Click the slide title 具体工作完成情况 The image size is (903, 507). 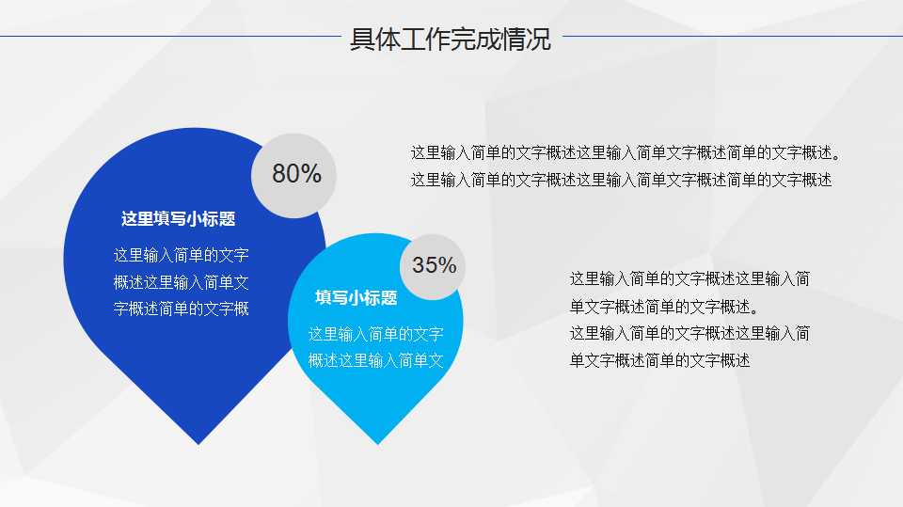point(451,40)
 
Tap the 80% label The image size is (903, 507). point(296,174)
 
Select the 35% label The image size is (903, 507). point(434,265)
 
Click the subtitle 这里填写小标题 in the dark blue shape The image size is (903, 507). point(178,219)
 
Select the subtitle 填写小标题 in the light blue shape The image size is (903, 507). point(356,298)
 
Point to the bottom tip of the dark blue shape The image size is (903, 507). point(198,441)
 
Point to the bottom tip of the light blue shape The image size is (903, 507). point(377,441)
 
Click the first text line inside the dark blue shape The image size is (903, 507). point(182,255)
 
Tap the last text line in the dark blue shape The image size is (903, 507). point(182,309)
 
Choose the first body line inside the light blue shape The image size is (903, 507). point(375,334)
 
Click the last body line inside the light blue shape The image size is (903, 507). point(375,360)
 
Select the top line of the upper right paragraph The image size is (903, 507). point(626,152)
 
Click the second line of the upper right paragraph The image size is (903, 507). point(621,180)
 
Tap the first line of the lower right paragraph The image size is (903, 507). point(689,278)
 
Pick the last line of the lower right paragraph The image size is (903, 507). point(659,360)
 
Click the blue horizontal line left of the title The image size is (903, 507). point(169,38)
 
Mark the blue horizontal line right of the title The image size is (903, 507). point(732,37)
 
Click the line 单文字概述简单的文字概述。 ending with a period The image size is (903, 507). point(663,307)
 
